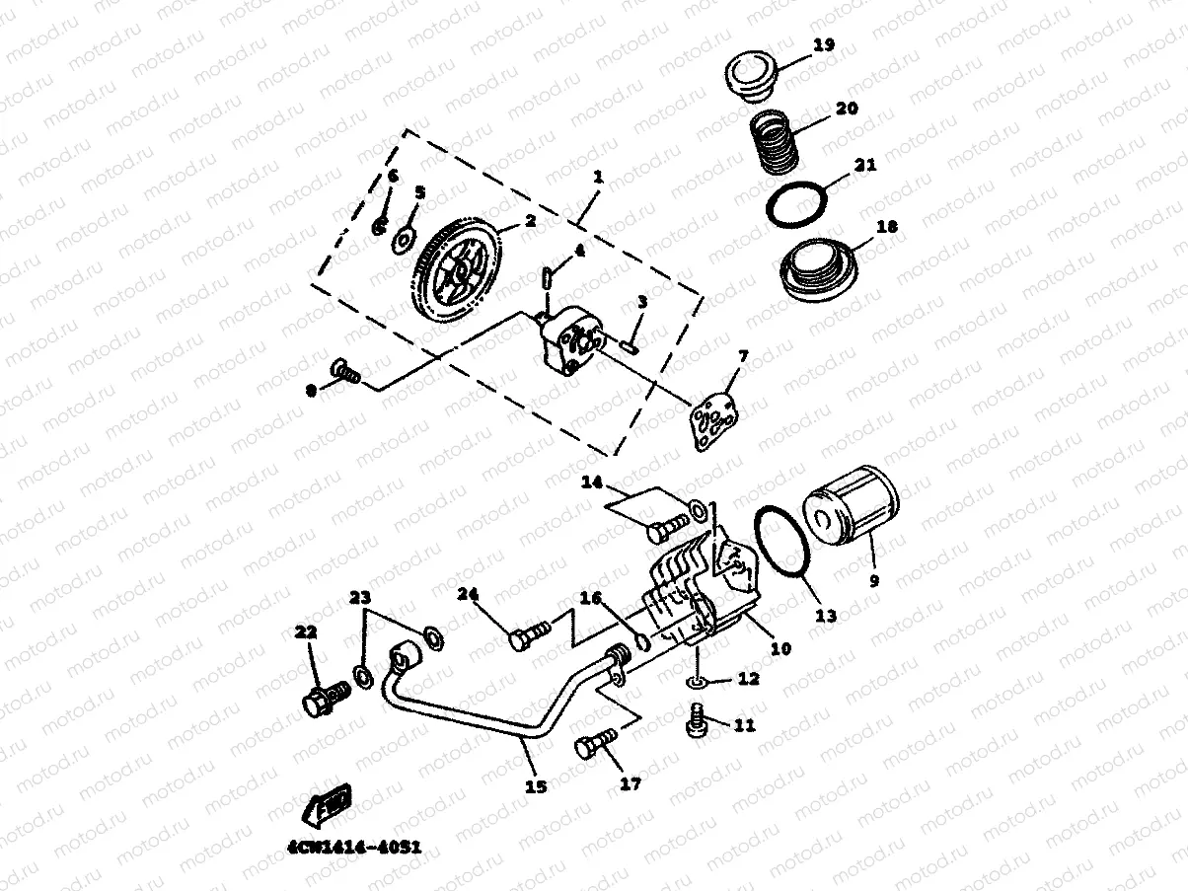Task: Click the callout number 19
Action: click(x=823, y=44)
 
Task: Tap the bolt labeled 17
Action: click(x=591, y=745)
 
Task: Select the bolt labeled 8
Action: click(x=345, y=372)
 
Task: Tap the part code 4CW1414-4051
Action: click(x=357, y=848)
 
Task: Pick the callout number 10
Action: click(x=780, y=648)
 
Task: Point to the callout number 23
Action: click(x=360, y=599)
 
